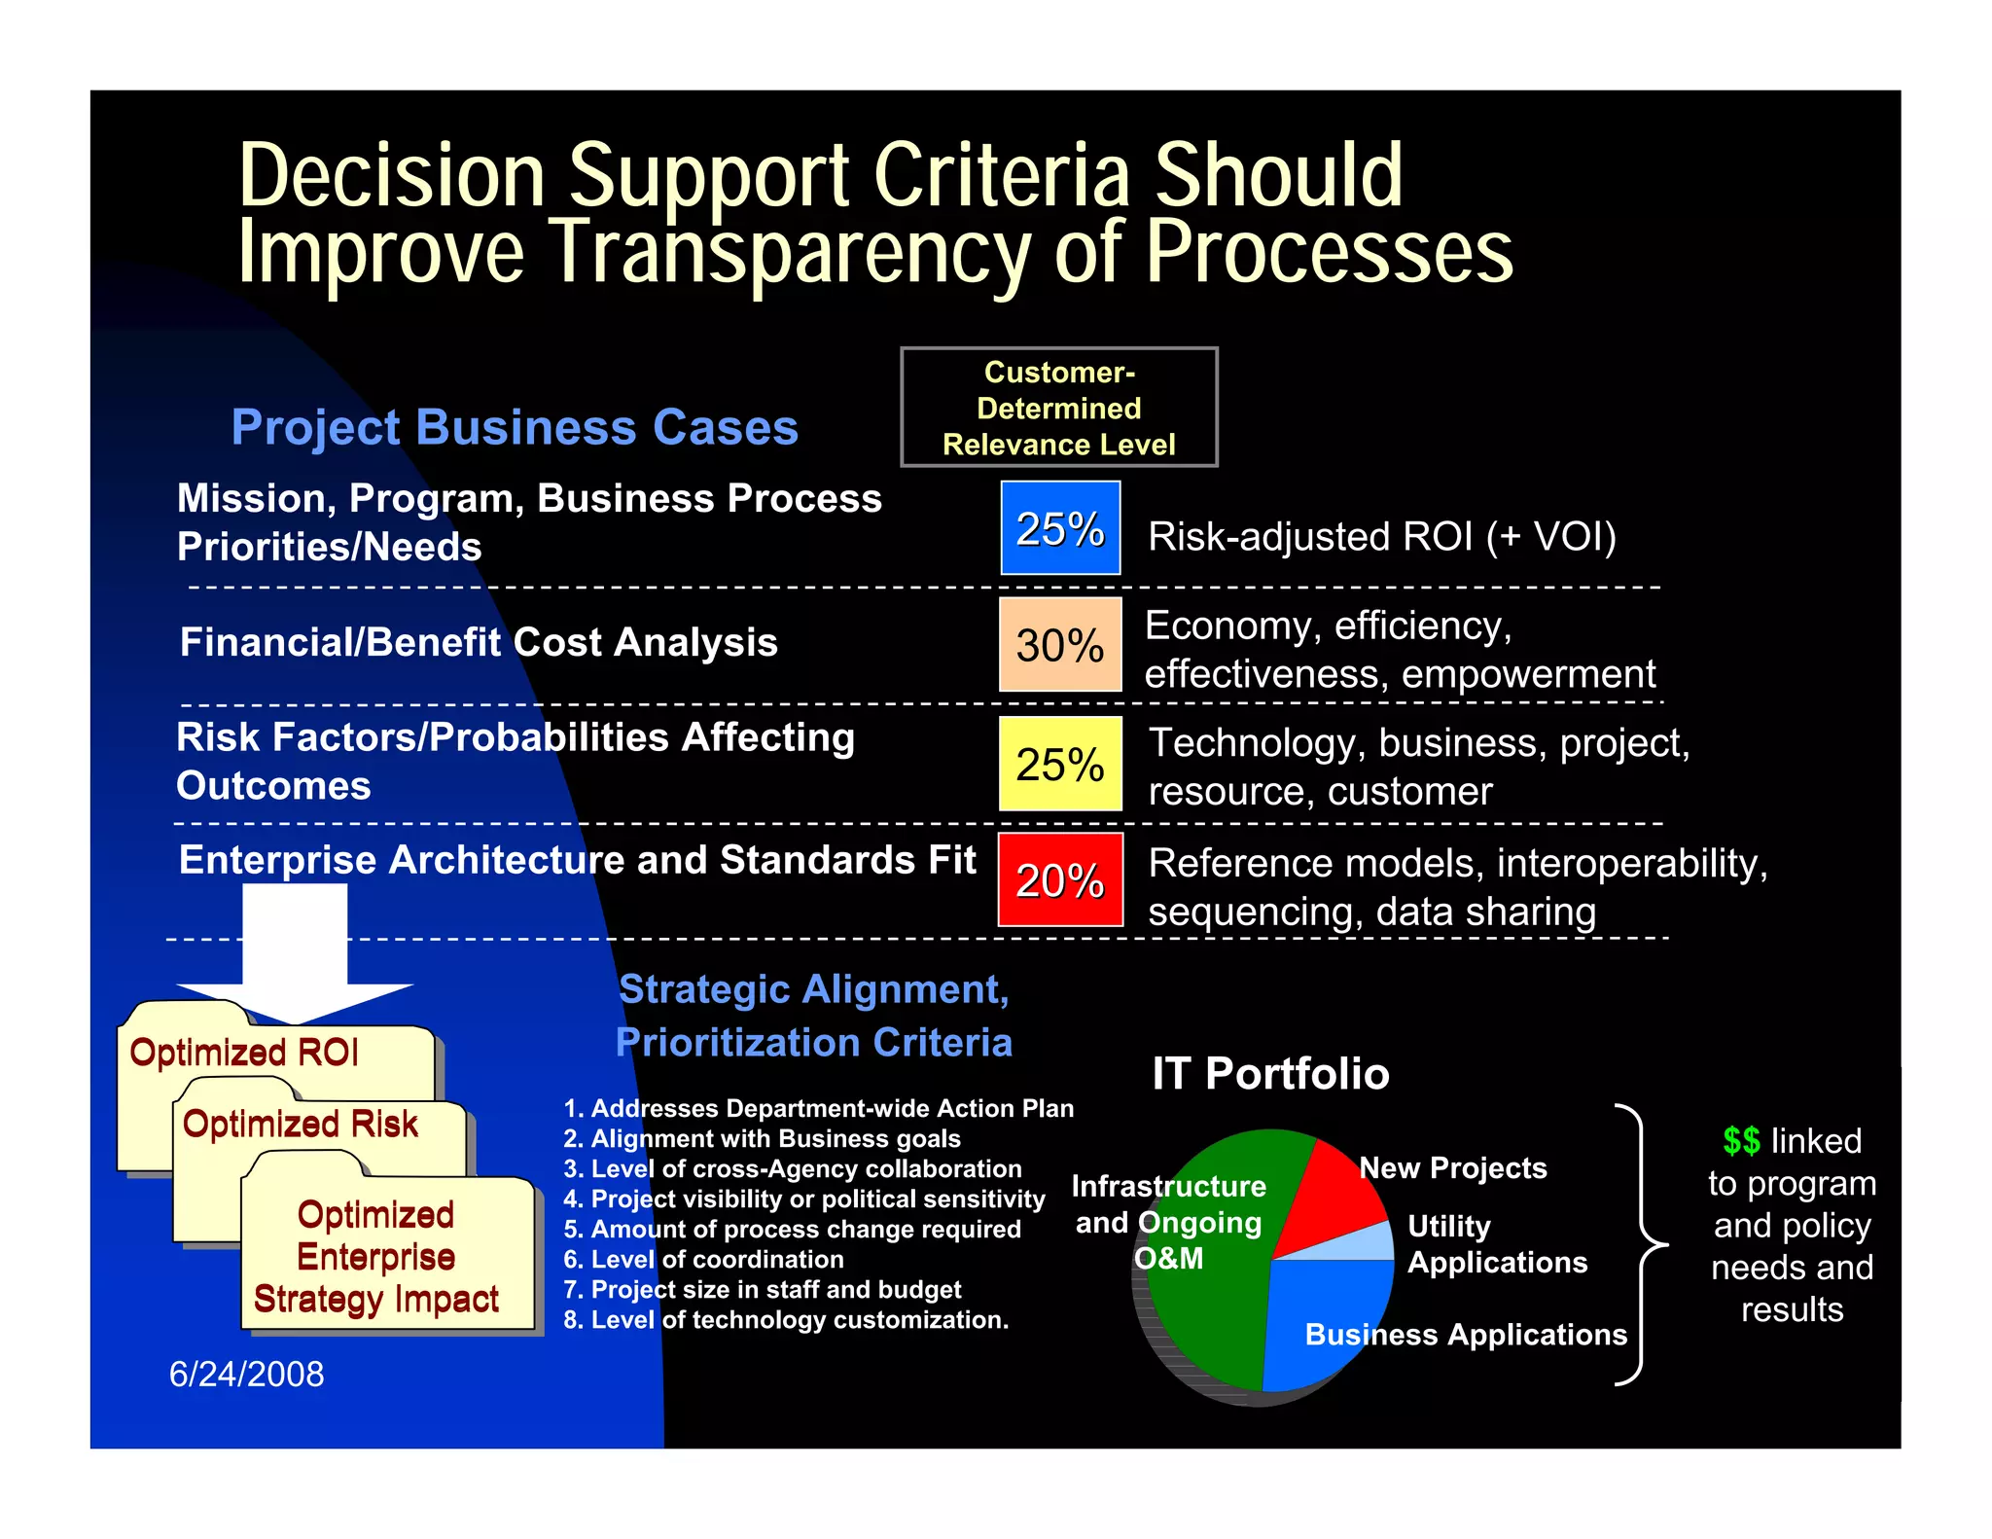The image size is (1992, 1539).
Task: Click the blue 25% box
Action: [1060, 528]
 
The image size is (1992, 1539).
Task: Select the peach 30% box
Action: [1060, 645]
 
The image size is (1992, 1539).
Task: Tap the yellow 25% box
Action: [1060, 764]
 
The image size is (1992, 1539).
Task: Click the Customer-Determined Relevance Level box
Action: [1059, 408]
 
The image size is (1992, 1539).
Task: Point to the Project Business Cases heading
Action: [515, 427]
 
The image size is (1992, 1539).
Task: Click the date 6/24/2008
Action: [247, 1374]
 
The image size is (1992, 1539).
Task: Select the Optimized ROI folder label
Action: [244, 1053]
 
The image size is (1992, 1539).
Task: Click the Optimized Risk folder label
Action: [301, 1124]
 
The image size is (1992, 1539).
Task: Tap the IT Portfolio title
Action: [1270, 1074]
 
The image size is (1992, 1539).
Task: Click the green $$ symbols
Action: [1741, 1140]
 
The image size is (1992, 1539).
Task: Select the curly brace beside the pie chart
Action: [1643, 1244]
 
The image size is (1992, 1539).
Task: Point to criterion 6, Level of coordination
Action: [704, 1259]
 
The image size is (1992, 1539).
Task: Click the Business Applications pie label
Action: [1466, 1334]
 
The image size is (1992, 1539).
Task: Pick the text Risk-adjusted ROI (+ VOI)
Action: [1382, 537]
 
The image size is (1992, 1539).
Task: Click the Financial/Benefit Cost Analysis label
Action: [479, 642]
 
